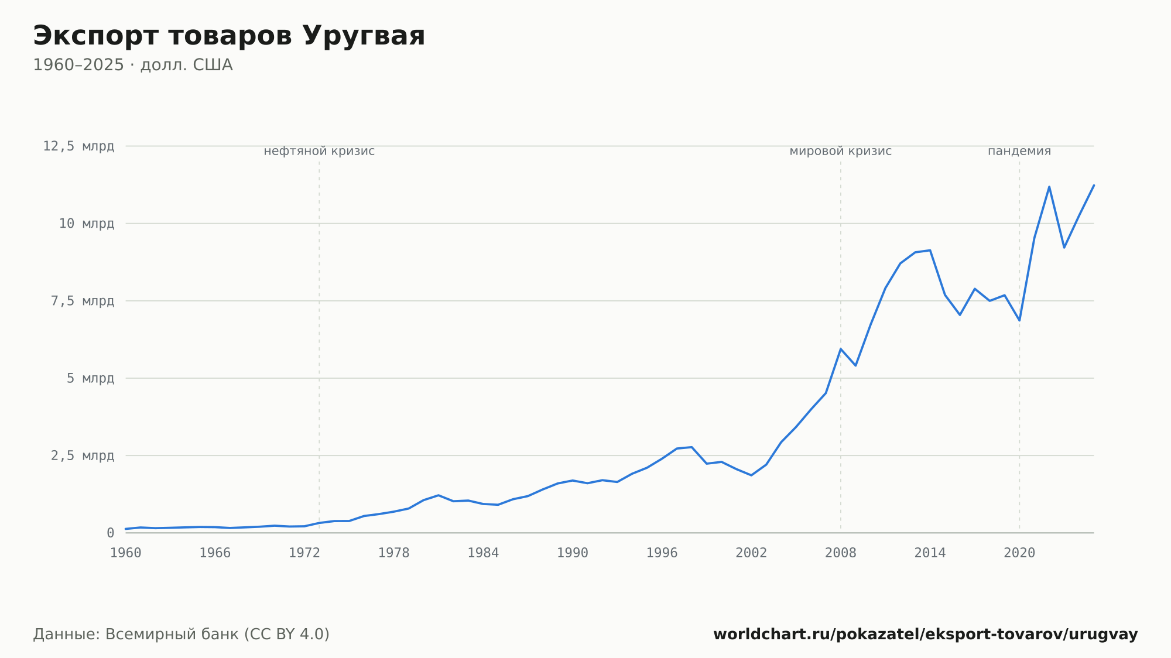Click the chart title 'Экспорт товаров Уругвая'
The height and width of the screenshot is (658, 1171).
[229, 36]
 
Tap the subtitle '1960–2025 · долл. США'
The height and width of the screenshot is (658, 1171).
[133, 65]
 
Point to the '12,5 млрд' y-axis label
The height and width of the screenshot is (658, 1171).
[78, 146]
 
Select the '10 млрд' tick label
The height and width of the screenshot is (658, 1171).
[86, 224]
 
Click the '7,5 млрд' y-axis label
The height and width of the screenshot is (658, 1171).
[83, 301]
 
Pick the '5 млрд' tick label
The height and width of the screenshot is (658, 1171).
[90, 378]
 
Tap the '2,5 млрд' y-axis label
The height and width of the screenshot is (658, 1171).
[83, 455]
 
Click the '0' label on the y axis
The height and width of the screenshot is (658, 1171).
[111, 533]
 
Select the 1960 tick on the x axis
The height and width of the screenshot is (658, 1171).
[126, 553]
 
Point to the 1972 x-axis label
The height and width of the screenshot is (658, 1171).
[304, 553]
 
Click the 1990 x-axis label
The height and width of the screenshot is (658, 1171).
[573, 553]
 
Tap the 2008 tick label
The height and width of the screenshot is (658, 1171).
[841, 553]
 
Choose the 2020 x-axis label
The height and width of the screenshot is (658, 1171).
[1019, 553]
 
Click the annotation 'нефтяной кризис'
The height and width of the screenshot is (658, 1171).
[319, 151]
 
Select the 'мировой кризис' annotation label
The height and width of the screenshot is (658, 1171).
[841, 151]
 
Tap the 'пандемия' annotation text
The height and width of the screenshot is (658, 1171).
[1019, 151]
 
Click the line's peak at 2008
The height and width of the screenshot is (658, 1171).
[841, 349]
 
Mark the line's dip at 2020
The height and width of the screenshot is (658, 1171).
[1019, 320]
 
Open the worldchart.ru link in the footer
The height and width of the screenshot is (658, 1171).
[926, 634]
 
